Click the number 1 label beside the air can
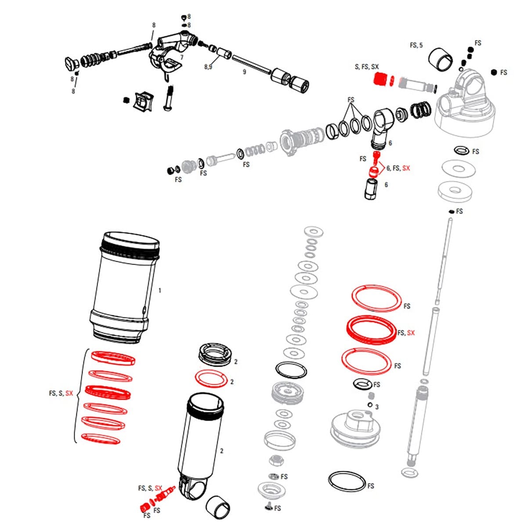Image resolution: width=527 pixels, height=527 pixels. pos(160,290)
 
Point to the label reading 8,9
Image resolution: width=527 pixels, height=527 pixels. pos(208,67)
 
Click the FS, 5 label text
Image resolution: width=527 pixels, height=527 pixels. pos(416,45)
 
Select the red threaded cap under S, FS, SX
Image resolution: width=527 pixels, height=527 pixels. pos(379,79)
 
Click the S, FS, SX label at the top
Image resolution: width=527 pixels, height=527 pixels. pos(367,67)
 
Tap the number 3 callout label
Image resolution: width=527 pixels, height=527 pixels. pos(377,407)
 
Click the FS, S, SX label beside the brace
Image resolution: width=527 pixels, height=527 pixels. pos(61,393)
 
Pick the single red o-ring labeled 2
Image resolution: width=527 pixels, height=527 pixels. pos(211,378)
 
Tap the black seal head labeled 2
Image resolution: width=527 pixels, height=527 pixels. pos(215,354)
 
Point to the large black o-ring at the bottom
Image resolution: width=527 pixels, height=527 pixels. pos(347,482)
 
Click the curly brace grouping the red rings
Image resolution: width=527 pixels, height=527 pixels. pos(78,393)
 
